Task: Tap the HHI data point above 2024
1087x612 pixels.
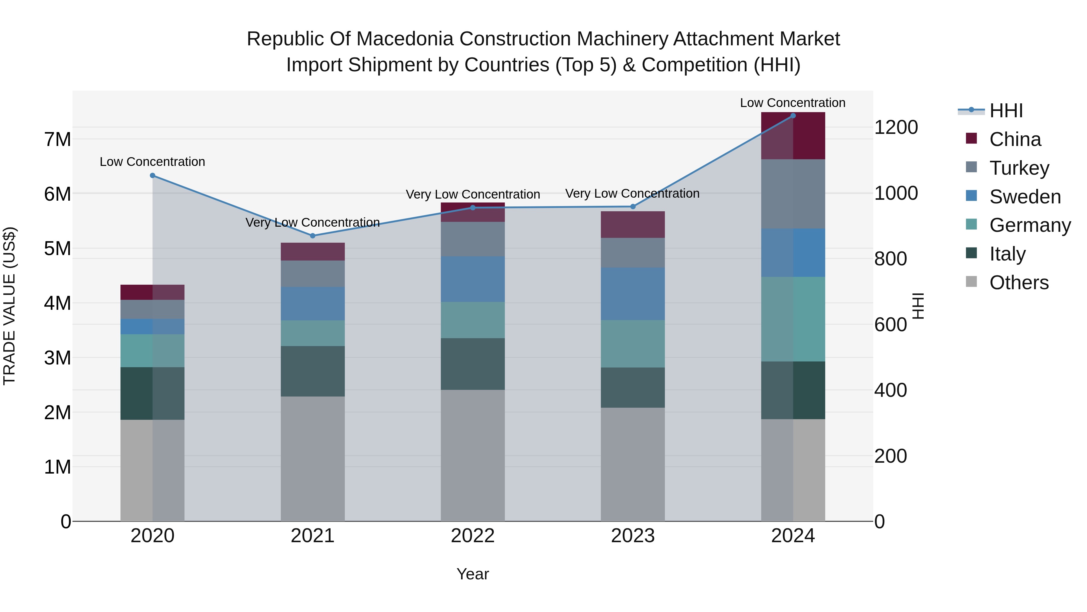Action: pos(793,116)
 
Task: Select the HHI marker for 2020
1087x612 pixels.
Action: pos(152,176)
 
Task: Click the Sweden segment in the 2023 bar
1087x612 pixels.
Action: pos(633,293)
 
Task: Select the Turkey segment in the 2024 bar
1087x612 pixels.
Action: pos(793,194)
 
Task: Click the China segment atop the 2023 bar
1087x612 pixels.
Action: pos(633,224)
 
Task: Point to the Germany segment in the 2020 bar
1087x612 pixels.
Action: pos(152,351)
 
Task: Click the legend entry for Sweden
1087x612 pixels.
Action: pos(1024,197)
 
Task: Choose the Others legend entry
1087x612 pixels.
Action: pos(1019,283)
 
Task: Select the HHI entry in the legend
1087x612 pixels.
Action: pos(1006,111)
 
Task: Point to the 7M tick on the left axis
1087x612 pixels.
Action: pos(57,139)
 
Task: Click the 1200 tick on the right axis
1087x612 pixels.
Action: pos(896,127)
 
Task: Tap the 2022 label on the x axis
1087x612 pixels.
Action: pos(473,536)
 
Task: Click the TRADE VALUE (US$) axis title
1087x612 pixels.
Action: pos(9,306)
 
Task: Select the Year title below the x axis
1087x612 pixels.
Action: pos(473,574)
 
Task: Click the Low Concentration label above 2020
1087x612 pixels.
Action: pos(152,162)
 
